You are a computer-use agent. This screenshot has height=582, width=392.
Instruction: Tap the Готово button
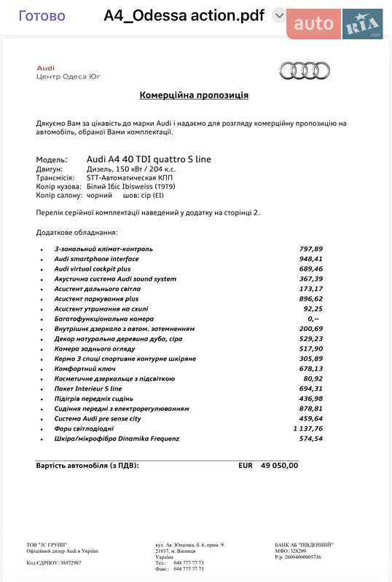pos(42,16)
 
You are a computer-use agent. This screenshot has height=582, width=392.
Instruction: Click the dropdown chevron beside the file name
pos(278,15)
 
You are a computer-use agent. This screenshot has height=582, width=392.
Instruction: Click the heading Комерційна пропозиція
pos(194,95)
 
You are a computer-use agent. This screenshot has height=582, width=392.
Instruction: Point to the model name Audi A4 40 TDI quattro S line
pos(149,159)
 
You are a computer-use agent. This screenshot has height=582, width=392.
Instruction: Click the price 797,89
pos(311,249)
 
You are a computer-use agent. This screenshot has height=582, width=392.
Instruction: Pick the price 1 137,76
pos(308,428)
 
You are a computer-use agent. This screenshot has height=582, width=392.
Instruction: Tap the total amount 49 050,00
pos(280,465)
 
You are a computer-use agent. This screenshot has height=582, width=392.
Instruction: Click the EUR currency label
pos(246,465)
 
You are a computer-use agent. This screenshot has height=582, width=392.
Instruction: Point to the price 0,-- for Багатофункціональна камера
pos(314,319)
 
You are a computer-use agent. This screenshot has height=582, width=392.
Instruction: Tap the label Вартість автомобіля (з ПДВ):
pos(87,465)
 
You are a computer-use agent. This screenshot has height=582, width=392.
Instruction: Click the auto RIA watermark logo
pos(336,24)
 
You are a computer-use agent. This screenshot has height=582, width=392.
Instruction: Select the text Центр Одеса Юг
pos(68,76)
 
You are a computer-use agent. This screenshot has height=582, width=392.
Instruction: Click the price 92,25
pos(313,308)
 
